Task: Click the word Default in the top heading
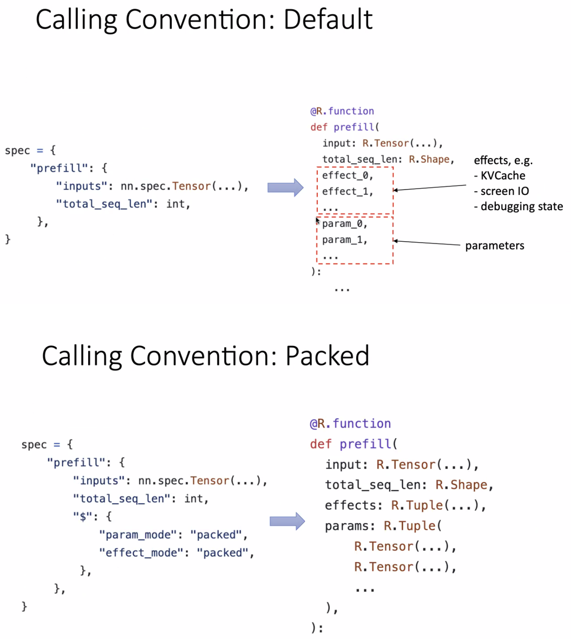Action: point(328,19)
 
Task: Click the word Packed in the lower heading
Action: point(327,356)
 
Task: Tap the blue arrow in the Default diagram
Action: point(285,187)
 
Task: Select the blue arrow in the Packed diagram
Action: point(287,521)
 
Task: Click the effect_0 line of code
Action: point(347,175)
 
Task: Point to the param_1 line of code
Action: point(344,240)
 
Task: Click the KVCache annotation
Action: point(502,176)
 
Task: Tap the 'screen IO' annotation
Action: point(504,191)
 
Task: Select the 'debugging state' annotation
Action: point(521,207)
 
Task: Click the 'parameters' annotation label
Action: point(494,246)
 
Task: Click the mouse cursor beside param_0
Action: point(317,221)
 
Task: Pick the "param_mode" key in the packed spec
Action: point(138,535)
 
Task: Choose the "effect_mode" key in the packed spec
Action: point(141,553)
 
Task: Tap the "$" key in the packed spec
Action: point(82,516)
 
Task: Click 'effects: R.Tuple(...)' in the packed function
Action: point(405,505)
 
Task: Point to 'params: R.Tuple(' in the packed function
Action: point(383,526)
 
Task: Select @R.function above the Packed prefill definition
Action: point(350,423)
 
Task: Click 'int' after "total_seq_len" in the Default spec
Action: point(175,204)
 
